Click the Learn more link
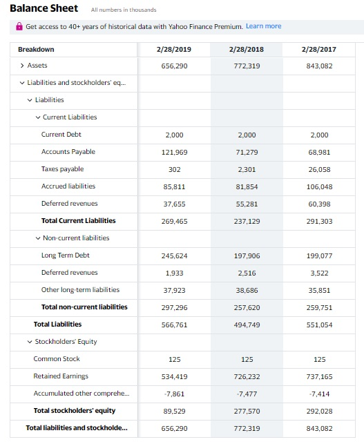tap(263, 26)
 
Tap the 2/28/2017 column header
tap(319, 50)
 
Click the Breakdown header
tap(37, 50)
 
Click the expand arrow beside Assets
tap(21, 66)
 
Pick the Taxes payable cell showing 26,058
tap(319, 169)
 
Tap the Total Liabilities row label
tap(57, 325)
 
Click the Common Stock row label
tap(57, 359)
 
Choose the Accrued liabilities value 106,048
tap(319, 186)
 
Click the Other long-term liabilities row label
tap(80, 290)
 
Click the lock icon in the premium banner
tap(19, 26)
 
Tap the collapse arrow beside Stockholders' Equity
tap(29, 342)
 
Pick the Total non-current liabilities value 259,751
tap(319, 307)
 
